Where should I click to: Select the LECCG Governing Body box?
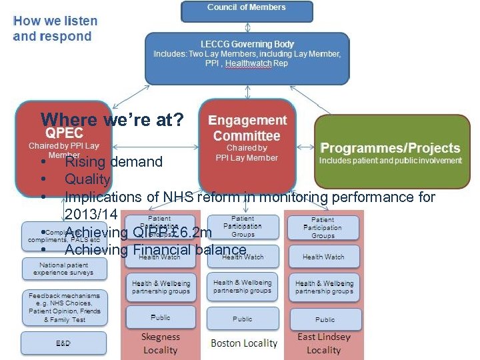247,58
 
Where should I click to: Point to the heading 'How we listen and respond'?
55,29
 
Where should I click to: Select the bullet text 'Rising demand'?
113,162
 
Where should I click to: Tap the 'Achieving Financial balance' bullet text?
155,250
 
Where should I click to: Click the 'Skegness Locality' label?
160,343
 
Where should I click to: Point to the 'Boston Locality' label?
244,343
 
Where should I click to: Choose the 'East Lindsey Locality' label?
324,343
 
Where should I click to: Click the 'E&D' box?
63,343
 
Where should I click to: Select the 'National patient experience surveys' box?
63,269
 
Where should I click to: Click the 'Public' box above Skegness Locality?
160,317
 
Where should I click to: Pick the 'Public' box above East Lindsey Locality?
324,319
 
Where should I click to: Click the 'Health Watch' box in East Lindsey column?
324,257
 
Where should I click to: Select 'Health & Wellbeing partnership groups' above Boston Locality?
243,287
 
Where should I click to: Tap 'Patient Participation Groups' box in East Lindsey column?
324,227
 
